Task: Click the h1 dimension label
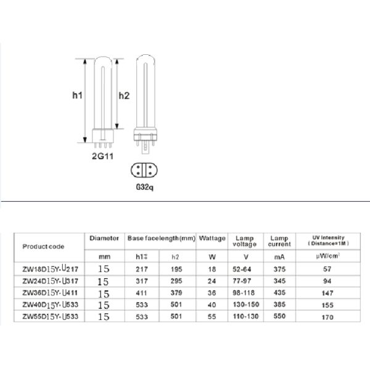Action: point(76,96)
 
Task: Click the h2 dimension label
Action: point(123,96)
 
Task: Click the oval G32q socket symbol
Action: point(145,170)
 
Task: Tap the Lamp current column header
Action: point(279,240)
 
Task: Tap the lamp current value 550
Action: point(279,316)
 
